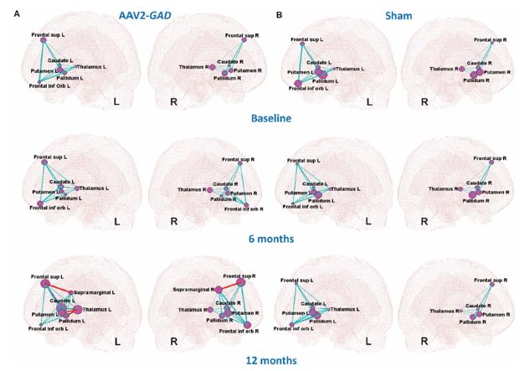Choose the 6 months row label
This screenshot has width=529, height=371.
coord(270,239)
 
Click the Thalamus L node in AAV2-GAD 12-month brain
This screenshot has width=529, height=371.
coord(78,310)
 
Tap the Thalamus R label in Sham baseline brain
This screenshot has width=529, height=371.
coord(444,69)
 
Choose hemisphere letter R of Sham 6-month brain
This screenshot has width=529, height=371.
coord(424,222)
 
